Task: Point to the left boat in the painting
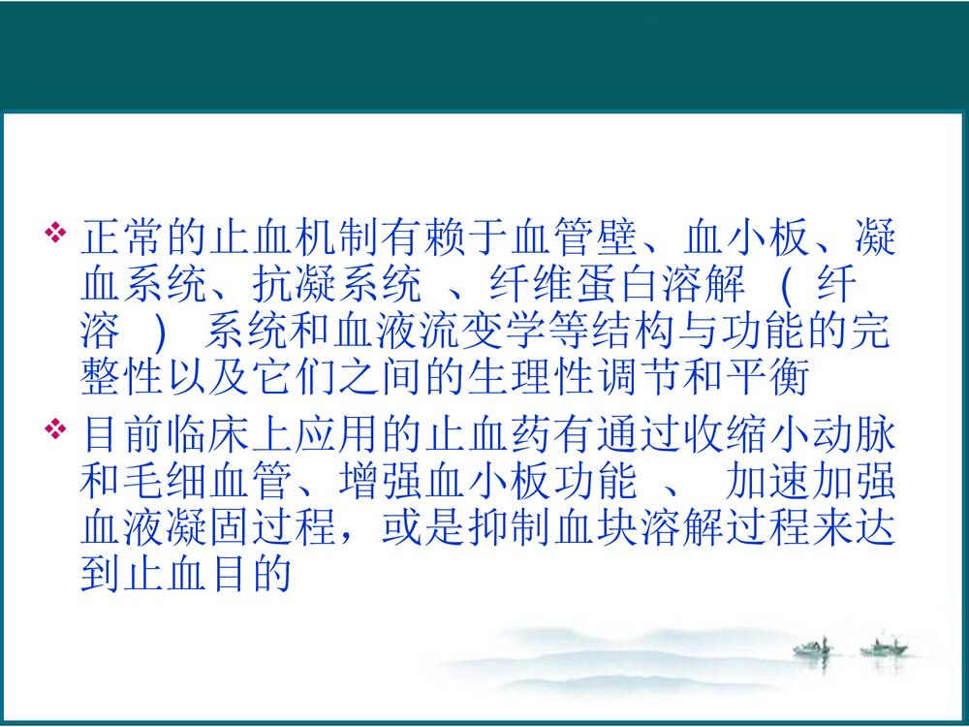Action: click(812, 647)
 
